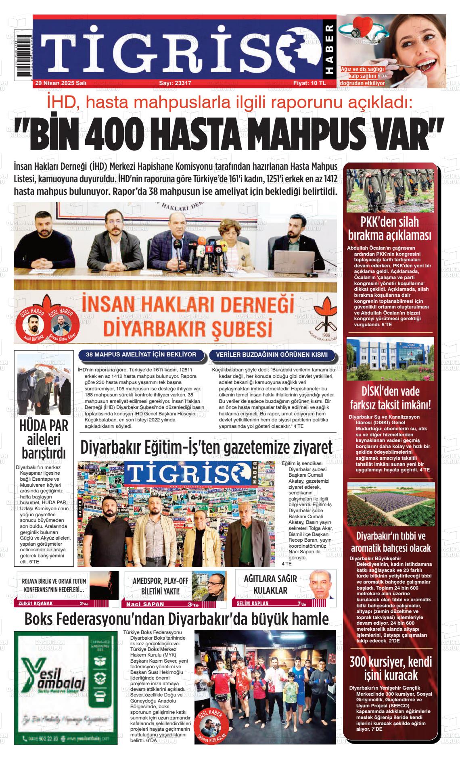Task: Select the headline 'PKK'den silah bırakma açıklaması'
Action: click(390, 229)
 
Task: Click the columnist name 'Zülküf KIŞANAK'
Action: click(36, 604)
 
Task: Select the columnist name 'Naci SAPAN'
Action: click(145, 604)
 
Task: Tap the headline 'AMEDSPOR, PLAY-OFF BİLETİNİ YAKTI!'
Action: click(160, 586)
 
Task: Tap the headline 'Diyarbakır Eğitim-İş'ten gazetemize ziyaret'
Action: click(206, 447)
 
